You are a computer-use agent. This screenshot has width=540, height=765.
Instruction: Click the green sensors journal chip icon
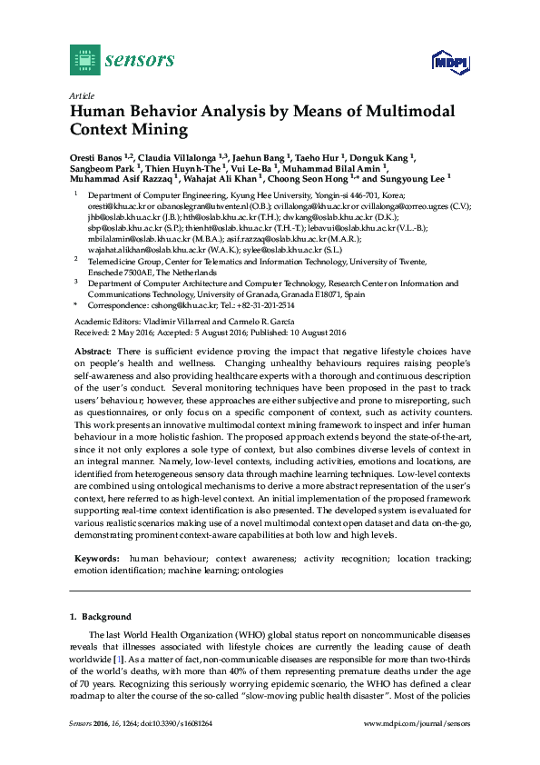[x=84, y=60]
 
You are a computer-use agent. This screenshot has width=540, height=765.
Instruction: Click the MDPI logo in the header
[x=450, y=62]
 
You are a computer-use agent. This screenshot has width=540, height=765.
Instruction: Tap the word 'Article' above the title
[x=81, y=95]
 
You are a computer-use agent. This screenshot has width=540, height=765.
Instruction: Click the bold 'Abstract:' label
[x=93, y=351]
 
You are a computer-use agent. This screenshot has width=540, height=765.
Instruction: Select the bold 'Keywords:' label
[x=95, y=558]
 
